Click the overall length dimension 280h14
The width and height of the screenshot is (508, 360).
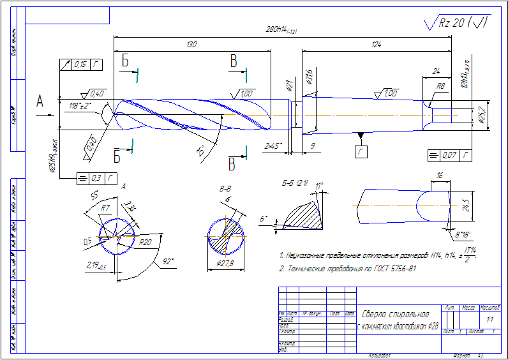tap(281, 30)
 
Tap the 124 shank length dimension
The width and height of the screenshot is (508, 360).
tap(376, 45)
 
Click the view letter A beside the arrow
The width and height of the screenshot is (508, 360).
tap(40, 101)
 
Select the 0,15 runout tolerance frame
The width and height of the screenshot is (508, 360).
tap(80, 64)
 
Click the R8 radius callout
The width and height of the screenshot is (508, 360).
tap(440, 86)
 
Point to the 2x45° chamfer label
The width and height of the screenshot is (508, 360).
tap(274, 146)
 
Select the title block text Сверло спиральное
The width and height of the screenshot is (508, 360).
tap(395, 314)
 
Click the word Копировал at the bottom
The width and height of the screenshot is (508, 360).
tap(380, 354)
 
